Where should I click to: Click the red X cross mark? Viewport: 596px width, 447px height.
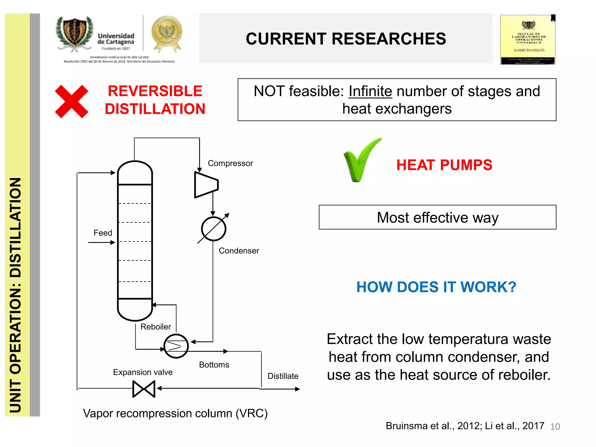point(72,101)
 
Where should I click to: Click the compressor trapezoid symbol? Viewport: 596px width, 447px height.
point(206,185)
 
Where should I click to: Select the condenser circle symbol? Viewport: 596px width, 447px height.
point(214,229)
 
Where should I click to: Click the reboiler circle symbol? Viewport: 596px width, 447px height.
point(176,346)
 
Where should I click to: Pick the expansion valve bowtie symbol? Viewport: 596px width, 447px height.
point(144,389)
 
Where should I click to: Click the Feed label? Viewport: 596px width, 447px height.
point(103,233)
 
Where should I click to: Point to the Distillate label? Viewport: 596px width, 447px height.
point(283,376)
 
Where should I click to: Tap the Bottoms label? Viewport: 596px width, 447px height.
point(214,365)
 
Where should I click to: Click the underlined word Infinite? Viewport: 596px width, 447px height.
point(370,91)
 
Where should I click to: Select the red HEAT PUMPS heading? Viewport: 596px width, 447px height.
point(444,165)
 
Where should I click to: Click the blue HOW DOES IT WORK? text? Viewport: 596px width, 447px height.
point(436,287)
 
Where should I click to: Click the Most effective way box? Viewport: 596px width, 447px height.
point(437,217)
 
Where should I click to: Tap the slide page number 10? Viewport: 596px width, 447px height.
point(555,427)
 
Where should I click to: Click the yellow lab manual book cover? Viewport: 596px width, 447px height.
point(528,40)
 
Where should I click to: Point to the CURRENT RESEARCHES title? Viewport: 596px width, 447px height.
point(346,39)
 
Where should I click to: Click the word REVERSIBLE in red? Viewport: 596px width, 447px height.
point(155,91)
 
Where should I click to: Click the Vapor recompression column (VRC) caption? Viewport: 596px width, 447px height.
point(175,413)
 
